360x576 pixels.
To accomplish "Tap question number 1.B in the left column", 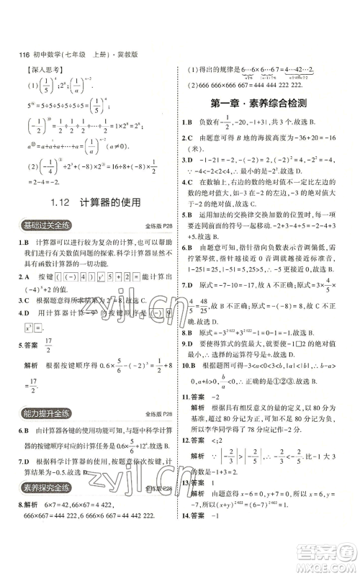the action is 24,244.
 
